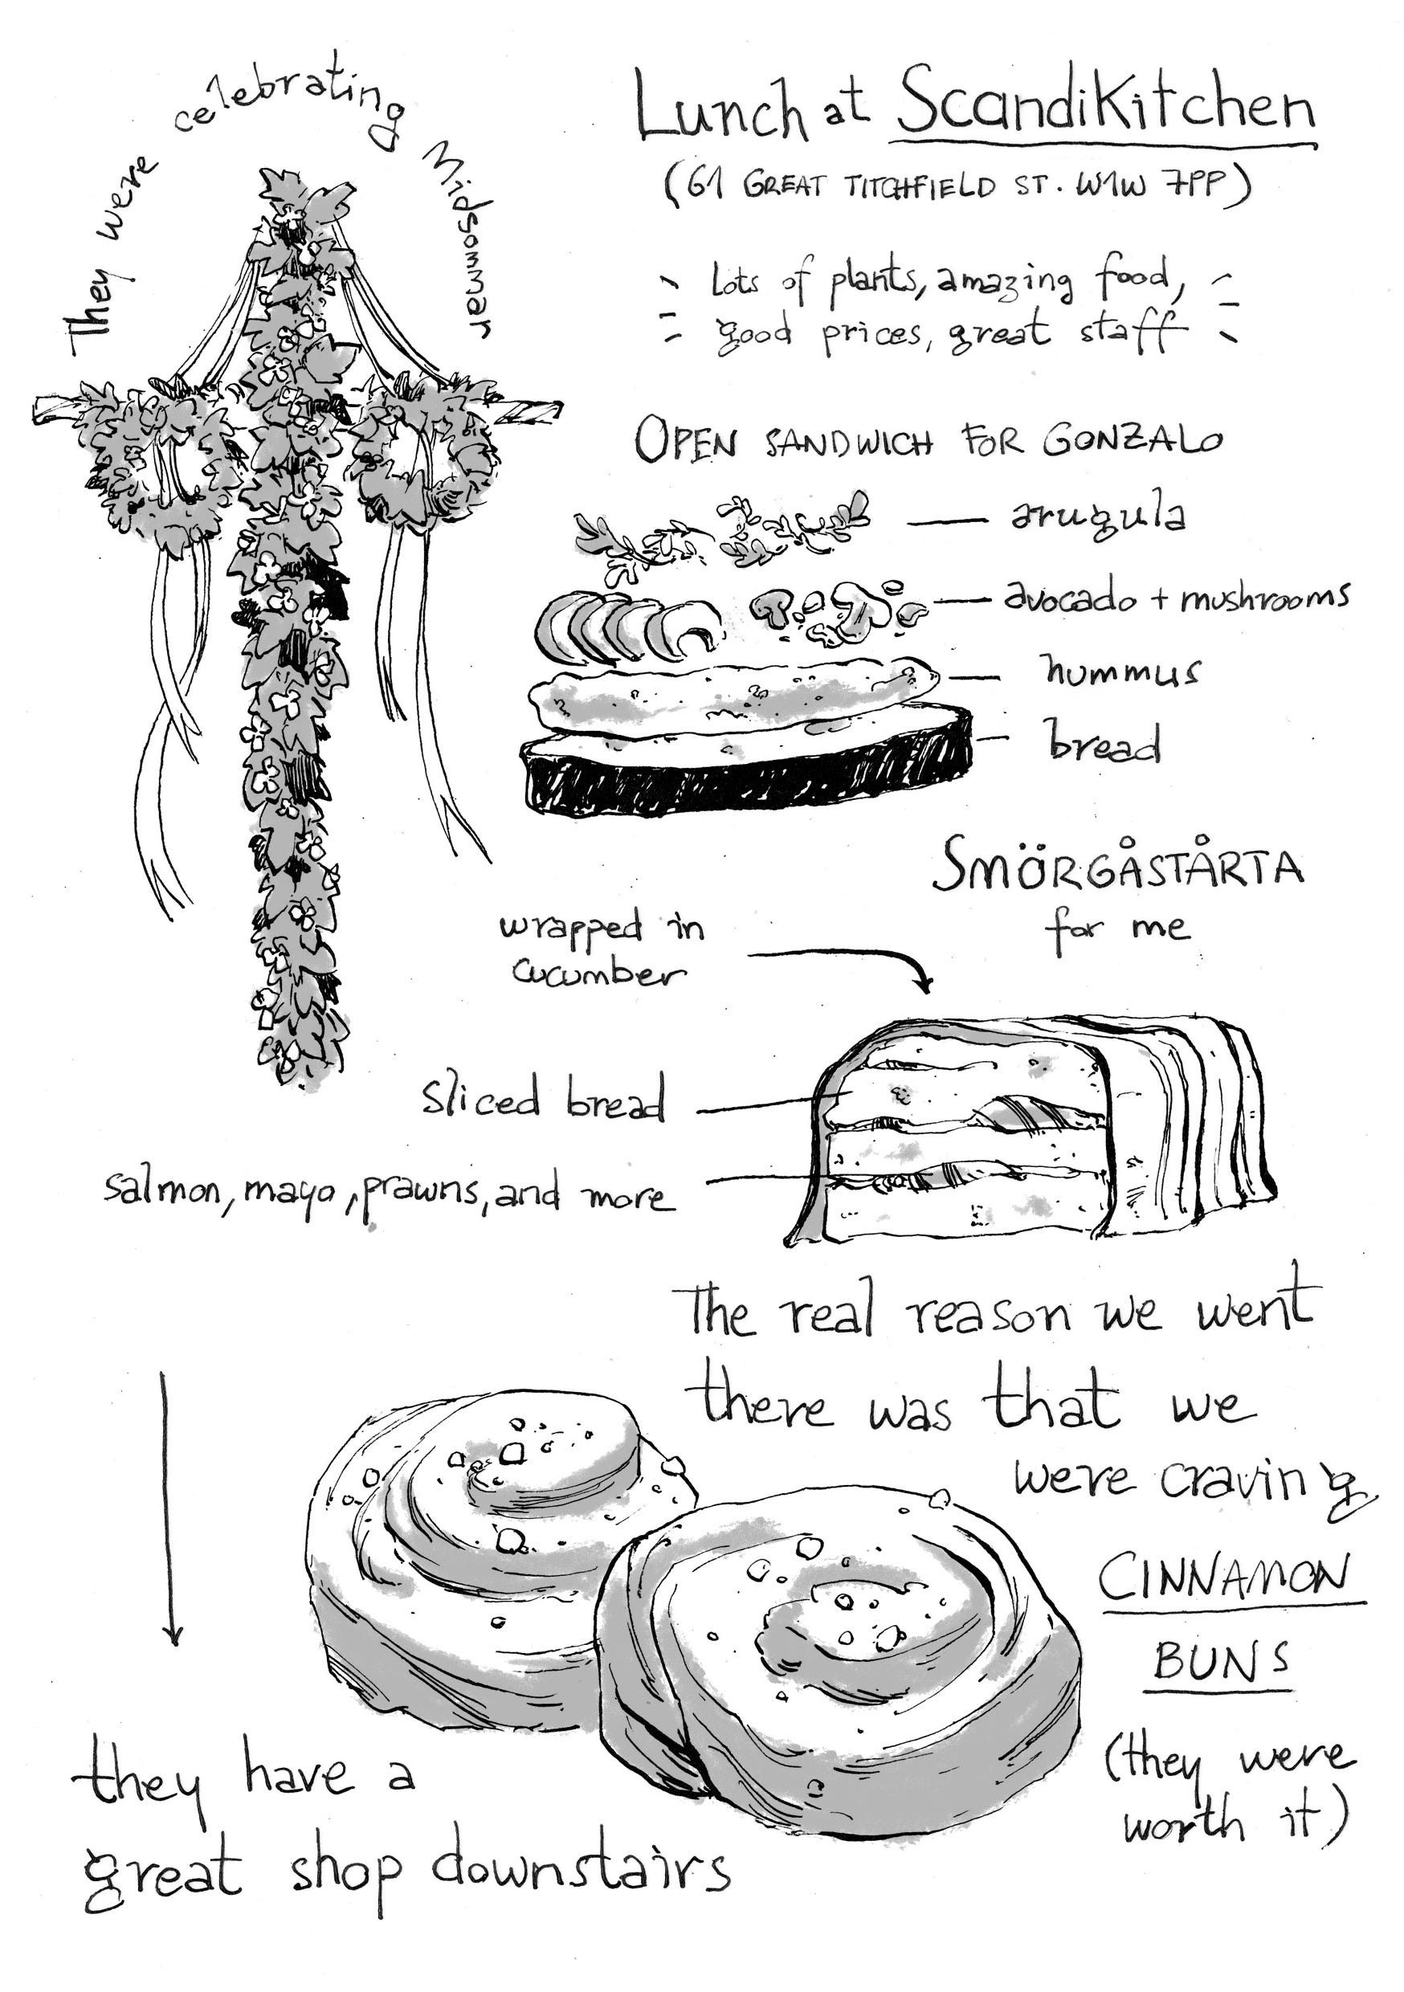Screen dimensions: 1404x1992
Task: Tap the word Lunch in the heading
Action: click(x=720, y=108)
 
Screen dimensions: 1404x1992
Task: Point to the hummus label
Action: click(x=1120, y=670)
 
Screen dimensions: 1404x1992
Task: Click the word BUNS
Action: click(x=1220, y=1659)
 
